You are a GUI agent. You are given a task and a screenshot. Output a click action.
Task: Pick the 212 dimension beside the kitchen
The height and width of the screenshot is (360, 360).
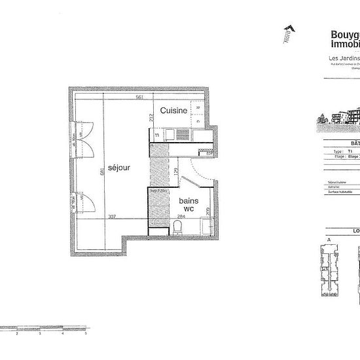(x=151, y=117)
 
